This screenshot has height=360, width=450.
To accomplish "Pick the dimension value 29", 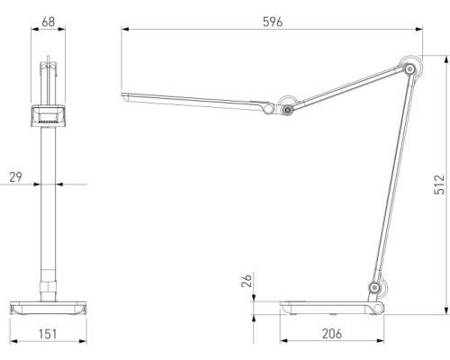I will click(16, 177).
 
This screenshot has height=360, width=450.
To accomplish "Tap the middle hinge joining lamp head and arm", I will click(287, 108).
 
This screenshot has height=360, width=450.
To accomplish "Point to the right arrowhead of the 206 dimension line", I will click(383, 342).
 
